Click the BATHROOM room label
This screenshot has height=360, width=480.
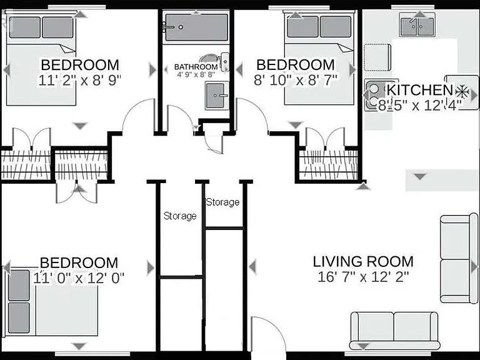[196, 66]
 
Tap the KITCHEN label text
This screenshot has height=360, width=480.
[419, 90]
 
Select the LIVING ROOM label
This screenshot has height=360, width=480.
[363, 261]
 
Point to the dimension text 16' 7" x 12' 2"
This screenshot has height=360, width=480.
[363, 277]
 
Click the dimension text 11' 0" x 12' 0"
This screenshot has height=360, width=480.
[79, 278]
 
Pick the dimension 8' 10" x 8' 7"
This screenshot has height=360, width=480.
[296, 80]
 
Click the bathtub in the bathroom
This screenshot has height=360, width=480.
[196, 27]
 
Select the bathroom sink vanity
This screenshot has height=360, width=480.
[217, 95]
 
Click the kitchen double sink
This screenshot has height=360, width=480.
[417, 26]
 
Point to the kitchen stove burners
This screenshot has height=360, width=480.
[374, 94]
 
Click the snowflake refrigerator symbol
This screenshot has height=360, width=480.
[462, 91]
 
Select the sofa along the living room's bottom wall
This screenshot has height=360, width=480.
[394, 331]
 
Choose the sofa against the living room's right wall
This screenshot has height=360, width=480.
[459, 258]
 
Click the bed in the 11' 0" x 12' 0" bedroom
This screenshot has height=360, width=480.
[51, 302]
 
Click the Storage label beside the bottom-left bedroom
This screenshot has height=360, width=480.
[180, 216]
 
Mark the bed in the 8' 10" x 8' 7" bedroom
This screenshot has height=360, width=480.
[319, 58]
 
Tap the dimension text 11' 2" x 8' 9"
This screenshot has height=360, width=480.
[79, 80]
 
